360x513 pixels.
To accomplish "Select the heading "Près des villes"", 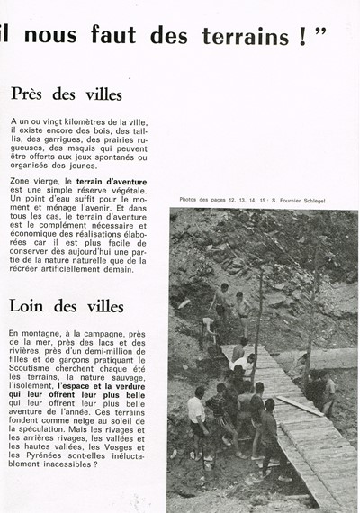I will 67,94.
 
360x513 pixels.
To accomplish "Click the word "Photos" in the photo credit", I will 190,200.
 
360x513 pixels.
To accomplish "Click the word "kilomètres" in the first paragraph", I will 87,121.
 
